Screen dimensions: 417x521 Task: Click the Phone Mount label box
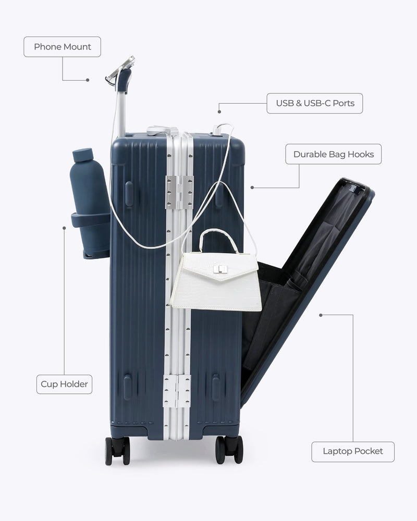62,47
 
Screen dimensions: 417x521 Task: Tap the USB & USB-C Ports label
315,103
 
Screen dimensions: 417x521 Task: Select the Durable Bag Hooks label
334,154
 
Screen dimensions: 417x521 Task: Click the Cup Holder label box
64,384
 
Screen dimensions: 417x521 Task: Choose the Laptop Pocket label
353,452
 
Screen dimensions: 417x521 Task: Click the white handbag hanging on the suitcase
216,270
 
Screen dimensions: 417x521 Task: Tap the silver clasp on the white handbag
220,269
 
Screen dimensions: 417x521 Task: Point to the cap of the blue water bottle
82,155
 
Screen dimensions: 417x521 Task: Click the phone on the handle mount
120,68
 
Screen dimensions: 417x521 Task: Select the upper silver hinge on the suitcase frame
179,192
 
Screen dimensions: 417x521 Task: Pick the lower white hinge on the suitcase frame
177,391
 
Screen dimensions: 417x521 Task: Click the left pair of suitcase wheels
117,451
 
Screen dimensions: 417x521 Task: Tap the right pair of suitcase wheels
229,450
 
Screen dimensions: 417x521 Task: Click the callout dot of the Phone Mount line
88,80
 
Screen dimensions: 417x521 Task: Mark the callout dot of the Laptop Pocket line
321,315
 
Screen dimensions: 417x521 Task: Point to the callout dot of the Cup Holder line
64,228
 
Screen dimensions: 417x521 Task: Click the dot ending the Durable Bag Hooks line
252,188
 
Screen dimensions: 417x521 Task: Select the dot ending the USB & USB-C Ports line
219,112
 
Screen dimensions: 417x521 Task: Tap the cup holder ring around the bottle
91,220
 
